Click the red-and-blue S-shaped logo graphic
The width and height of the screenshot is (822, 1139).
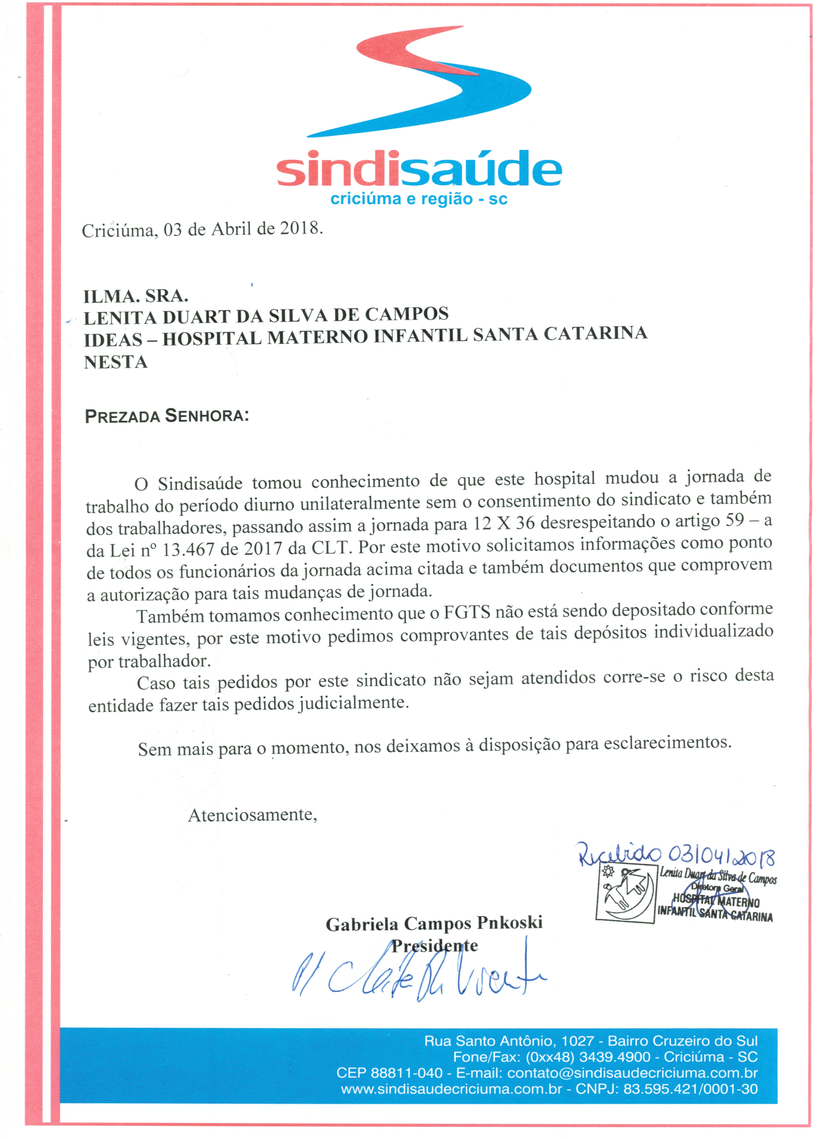point(419,83)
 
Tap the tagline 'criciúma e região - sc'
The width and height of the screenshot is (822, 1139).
point(419,199)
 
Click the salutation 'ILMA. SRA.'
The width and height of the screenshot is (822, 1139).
point(136,296)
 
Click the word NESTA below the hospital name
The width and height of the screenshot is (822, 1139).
point(116,362)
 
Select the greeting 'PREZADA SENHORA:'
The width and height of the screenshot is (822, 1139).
point(167,416)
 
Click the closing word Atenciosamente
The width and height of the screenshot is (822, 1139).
point(252,814)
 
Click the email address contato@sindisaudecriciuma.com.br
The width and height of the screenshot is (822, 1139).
point(632,1073)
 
